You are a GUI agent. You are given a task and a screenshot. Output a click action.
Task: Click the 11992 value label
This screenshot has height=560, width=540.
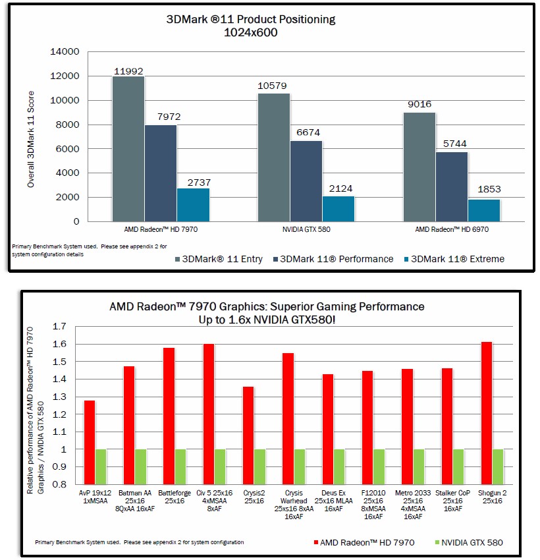[x=128, y=71]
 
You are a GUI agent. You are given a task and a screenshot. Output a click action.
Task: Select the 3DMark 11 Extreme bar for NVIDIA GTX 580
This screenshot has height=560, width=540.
[x=338, y=209]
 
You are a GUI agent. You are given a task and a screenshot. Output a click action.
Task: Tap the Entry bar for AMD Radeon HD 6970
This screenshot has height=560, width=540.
[x=419, y=167]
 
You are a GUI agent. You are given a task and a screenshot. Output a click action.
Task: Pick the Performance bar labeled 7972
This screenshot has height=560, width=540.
[x=161, y=173]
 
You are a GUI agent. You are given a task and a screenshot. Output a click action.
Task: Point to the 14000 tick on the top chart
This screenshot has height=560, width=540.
[x=65, y=52]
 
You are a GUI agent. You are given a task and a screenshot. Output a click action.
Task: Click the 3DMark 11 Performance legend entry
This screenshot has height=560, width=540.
[x=333, y=259]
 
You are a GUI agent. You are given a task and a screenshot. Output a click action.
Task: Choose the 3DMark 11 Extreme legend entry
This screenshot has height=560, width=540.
[x=454, y=259]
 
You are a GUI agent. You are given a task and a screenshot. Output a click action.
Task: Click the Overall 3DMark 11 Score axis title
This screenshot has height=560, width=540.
[x=31, y=139]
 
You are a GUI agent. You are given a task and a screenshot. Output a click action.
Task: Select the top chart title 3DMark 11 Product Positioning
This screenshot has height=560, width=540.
[x=251, y=19]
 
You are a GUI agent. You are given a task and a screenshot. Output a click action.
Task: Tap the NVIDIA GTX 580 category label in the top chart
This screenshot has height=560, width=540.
[x=306, y=229]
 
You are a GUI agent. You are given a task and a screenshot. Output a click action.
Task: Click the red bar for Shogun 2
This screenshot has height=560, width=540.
[x=487, y=413]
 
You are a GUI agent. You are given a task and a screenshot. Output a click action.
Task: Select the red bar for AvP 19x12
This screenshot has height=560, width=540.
[x=90, y=443]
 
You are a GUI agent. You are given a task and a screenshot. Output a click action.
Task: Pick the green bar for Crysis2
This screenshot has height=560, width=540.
[x=260, y=467]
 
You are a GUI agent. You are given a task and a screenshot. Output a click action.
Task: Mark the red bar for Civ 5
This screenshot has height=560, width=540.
[x=209, y=414]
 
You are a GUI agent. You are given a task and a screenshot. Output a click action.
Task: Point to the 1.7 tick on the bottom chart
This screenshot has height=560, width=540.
[x=59, y=326]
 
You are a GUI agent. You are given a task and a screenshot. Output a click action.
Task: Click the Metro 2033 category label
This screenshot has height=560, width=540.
[x=413, y=505]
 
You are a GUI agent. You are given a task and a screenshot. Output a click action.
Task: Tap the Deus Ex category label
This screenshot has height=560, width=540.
[x=333, y=501]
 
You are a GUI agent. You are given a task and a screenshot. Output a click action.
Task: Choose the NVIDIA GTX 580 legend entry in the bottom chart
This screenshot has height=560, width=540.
[x=469, y=542]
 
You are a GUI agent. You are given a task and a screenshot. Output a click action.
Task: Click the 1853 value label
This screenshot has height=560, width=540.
[x=489, y=189]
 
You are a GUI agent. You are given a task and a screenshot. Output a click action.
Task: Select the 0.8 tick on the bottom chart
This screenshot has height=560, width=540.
[x=59, y=484]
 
